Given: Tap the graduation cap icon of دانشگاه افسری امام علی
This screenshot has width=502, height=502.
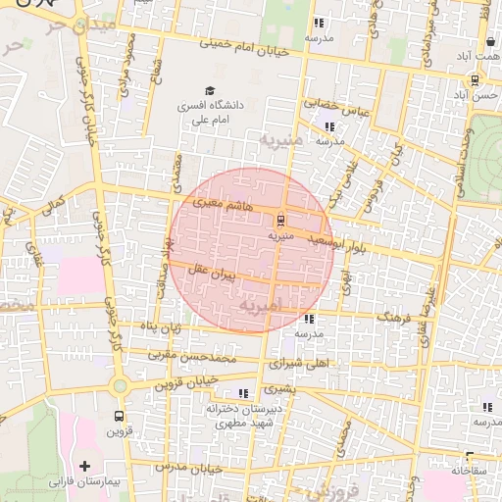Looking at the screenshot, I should pyautogui.click(x=210, y=90).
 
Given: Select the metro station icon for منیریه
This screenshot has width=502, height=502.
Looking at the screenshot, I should pyautogui.click(x=281, y=220).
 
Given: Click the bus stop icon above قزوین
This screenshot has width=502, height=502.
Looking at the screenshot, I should pyautogui.click(x=119, y=416).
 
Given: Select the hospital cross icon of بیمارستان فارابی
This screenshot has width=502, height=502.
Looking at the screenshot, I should pyautogui.click(x=84, y=466).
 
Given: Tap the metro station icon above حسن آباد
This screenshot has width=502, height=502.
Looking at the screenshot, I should pyautogui.click(x=475, y=80).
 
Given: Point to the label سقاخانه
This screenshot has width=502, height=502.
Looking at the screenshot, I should pyautogui.click(x=469, y=471).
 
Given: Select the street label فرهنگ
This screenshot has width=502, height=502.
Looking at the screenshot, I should pyautogui.click(x=398, y=318).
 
